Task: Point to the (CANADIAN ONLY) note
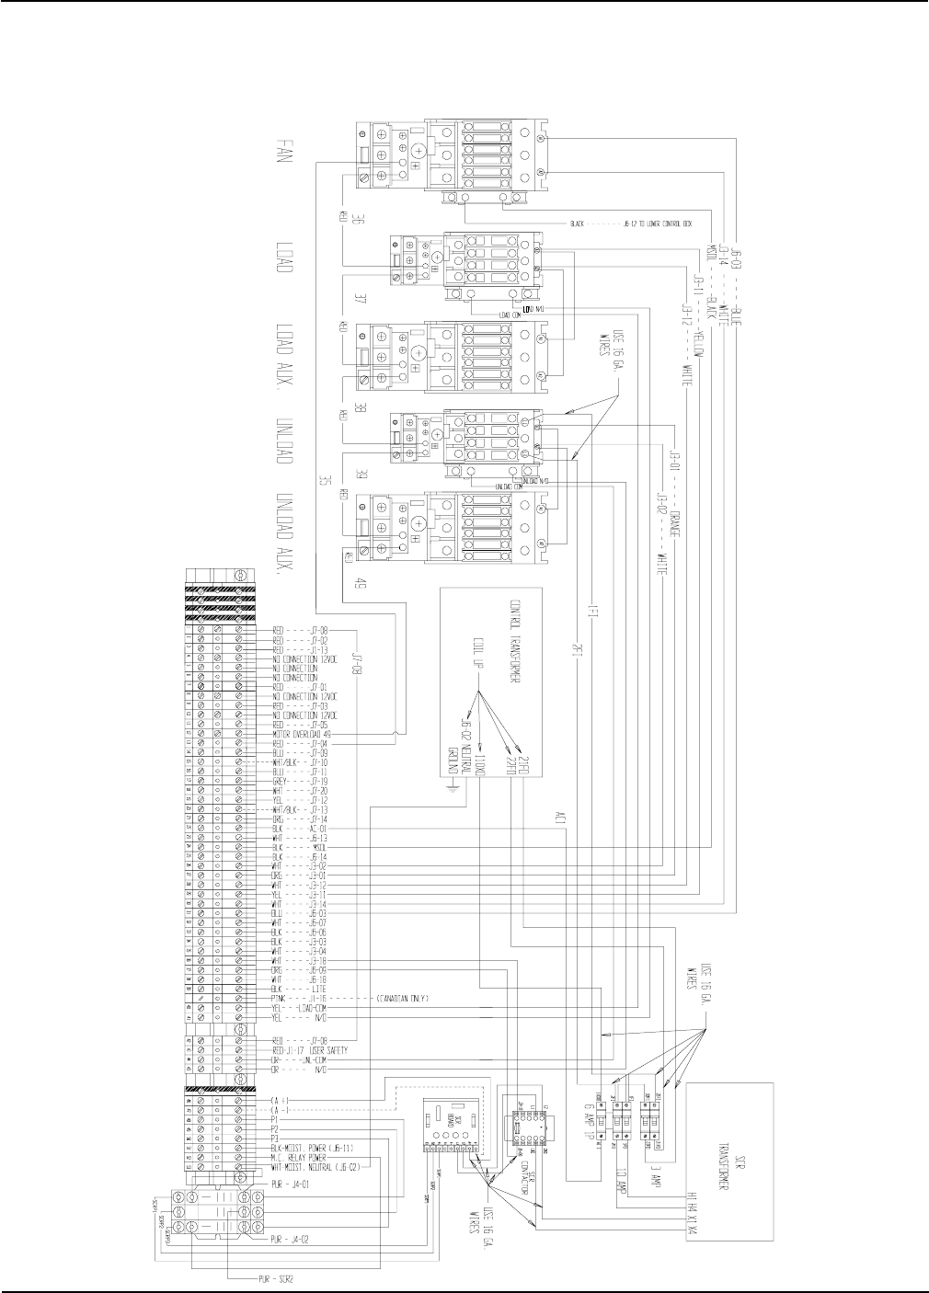403,998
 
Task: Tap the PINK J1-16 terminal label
300,998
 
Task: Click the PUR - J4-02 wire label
296,1239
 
